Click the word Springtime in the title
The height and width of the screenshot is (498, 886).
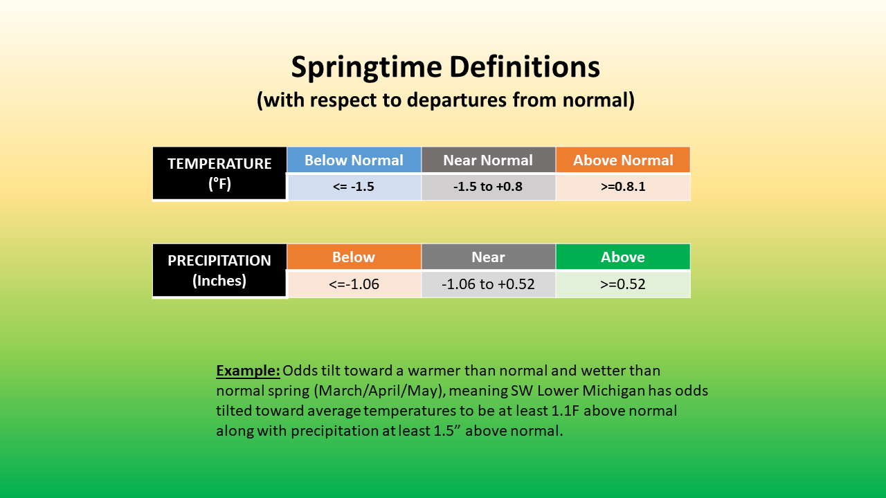coord(366,68)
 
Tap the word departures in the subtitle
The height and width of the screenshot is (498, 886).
coord(456,100)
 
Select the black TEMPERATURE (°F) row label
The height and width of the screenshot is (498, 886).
coord(219,173)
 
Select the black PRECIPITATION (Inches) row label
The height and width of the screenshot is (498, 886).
coord(219,270)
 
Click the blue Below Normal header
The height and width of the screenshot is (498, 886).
coord(354,160)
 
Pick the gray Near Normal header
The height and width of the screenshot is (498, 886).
coord(489,160)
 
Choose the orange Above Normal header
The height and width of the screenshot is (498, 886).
coord(623,160)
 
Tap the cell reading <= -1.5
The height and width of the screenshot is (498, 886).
coord(354,187)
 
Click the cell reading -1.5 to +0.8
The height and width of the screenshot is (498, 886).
coord(489,187)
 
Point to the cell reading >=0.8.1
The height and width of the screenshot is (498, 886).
coord(623,187)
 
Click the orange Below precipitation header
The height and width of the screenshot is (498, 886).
coord(354,257)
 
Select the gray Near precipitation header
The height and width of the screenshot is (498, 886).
coord(489,257)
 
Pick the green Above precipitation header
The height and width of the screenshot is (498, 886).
coord(623,257)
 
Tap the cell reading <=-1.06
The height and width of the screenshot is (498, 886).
coord(354,284)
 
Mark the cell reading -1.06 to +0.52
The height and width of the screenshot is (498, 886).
coord(489,284)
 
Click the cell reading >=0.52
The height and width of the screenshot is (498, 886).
coord(623,284)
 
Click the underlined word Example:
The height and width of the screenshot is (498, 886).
coord(248,371)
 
